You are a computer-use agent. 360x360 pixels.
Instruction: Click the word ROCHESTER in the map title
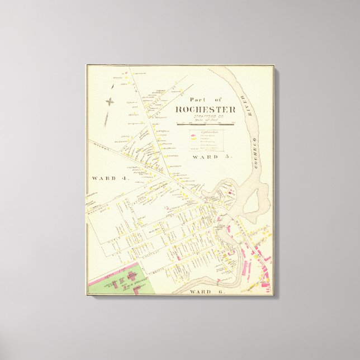pos(205,110)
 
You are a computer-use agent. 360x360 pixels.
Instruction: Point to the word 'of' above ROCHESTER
pos(217,100)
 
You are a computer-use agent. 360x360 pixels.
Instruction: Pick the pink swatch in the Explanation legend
pos(193,135)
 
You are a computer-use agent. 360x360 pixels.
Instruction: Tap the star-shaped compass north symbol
pos(110,102)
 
